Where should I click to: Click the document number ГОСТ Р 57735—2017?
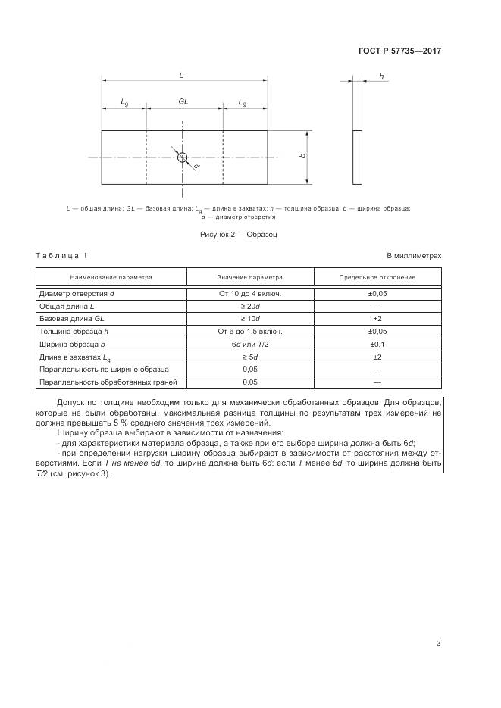pos(399,51)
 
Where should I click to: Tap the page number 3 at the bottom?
pos(438,644)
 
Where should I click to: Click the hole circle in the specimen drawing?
pos(182,157)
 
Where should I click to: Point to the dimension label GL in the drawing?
pos(183,101)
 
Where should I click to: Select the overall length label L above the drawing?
pos(181,76)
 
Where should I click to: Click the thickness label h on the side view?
pos(380,76)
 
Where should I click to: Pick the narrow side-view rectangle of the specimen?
pos(357,157)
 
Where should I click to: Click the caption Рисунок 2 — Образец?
pos(238,235)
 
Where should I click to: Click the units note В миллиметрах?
pos(414,255)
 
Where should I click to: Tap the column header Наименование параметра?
pos(111,277)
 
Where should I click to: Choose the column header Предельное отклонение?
pos(377,277)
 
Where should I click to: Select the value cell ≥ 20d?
pos(250,306)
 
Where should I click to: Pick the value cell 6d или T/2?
pos(250,344)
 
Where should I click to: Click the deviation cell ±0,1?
pos(377,344)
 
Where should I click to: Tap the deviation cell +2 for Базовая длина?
pos(377,319)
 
